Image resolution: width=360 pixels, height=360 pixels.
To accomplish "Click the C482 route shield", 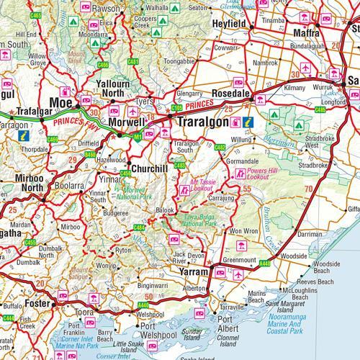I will tap(220, 148).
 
